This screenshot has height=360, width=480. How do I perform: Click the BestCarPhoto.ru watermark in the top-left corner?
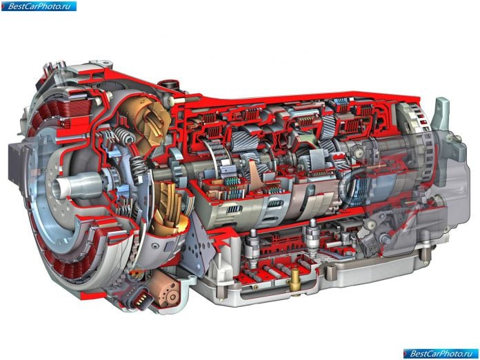click(39, 6)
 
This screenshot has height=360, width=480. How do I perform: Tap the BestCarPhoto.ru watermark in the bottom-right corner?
click(441, 354)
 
